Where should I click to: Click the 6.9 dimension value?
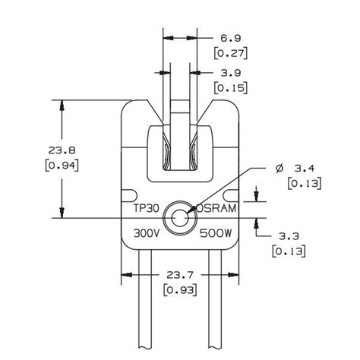coord(230,38)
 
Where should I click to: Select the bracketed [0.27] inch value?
coord(231,53)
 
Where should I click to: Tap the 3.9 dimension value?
coord(231,73)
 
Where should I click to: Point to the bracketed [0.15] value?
coord(231,88)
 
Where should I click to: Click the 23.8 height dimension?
coord(62,150)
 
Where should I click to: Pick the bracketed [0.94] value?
coord(62,166)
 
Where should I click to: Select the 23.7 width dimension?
coord(180,275)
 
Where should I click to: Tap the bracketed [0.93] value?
coord(180,290)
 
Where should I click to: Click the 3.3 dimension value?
coord(289,236)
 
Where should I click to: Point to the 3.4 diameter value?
coord(305,169)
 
